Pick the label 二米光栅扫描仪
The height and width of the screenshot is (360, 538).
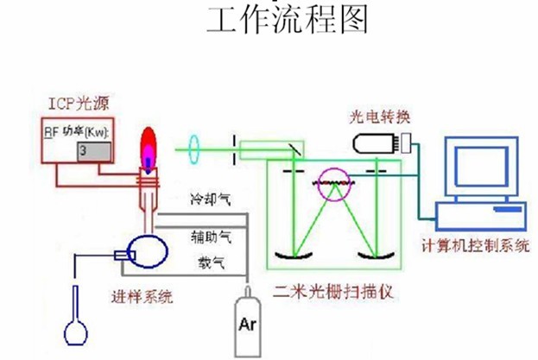332,291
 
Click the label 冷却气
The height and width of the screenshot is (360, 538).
210,199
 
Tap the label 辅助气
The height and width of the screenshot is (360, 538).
210,234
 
